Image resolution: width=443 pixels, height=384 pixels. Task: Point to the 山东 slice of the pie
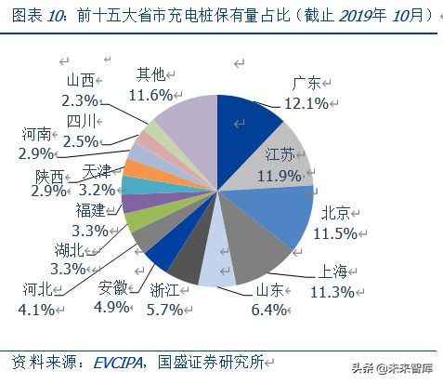[x=214, y=265]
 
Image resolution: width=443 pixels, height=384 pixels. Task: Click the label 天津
[x=98, y=172]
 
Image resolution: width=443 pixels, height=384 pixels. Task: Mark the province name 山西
[x=82, y=79]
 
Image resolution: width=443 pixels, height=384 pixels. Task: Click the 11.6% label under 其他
[x=151, y=95]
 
